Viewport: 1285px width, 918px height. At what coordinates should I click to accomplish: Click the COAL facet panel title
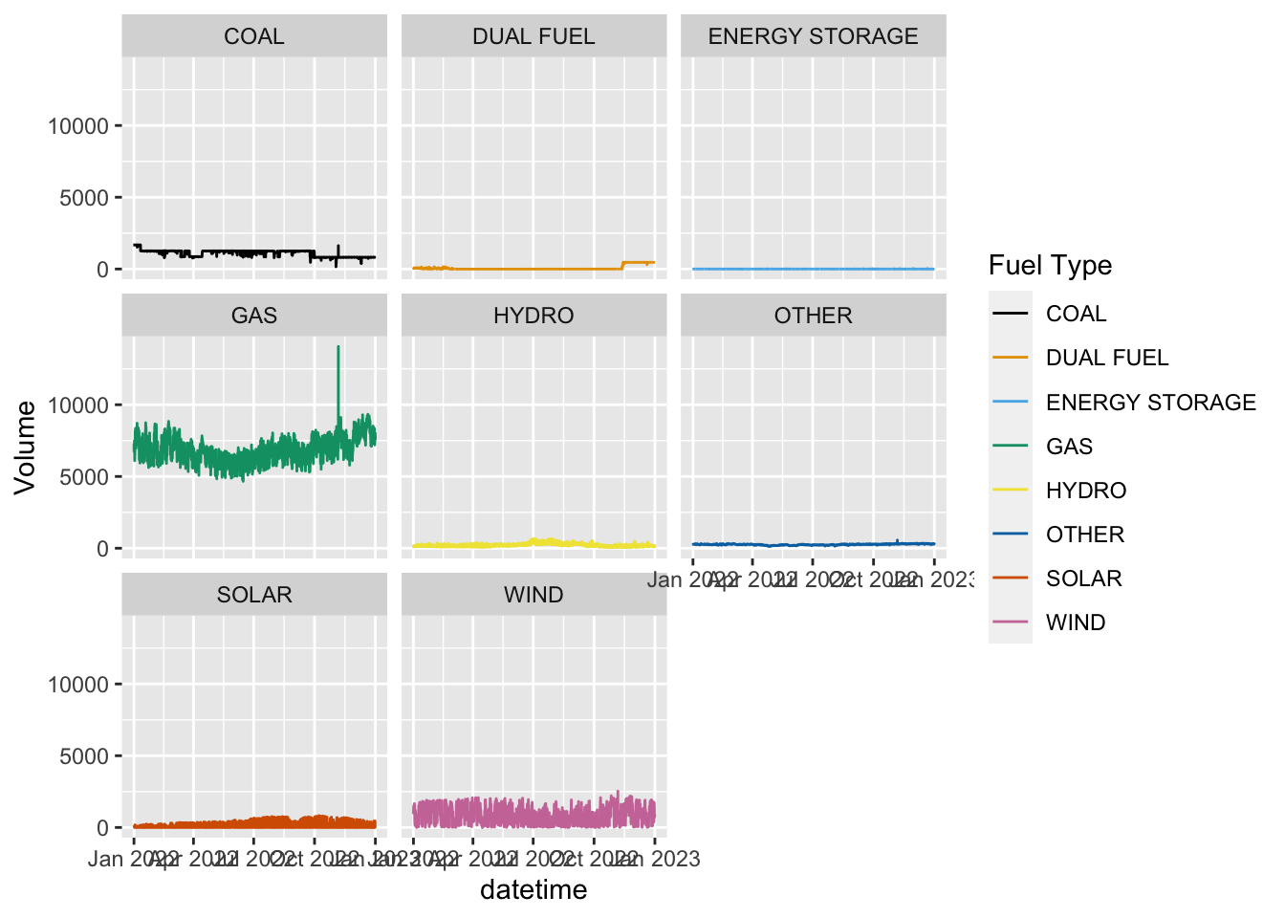pyautogui.click(x=253, y=36)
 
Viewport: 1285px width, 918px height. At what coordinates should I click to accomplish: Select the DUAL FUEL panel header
pyautogui.click(x=534, y=36)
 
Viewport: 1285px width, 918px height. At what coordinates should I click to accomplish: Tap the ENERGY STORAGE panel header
pyautogui.click(x=813, y=36)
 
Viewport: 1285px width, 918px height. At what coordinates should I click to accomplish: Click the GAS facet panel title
pyautogui.click(x=253, y=316)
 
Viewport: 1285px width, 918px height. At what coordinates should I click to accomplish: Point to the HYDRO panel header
pyautogui.click(x=534, y=316)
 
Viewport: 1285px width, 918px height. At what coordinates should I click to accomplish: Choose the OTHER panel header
pyautogui.click(x=813, y=316)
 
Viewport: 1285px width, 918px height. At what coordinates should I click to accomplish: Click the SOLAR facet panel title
pyautogui.click(x=253, y=595)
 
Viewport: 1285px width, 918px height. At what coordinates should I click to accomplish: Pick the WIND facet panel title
pyautogui.click(x=534, y=595)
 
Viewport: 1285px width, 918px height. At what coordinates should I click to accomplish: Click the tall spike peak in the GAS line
pyautogui.click(x=338, y=348)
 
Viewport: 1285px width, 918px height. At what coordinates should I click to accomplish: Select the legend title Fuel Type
pyautogui.click(x=1050, y=265)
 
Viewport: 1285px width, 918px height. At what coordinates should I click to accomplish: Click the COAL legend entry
pyautogui.click(x=1076, y=314)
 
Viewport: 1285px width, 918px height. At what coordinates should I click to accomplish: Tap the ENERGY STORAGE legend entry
pyautogui.click(x=1150, y=403)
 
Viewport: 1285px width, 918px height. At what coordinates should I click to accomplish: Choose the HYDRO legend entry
pyautogui.click(x=1086, y=491)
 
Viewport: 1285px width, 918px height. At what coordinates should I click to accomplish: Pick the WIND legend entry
pyautogui.click(x=1076, y=623)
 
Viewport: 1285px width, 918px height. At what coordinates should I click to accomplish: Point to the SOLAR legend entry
pyautogui.click(x=1083, y=579)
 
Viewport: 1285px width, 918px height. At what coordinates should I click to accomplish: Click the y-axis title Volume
pyautogui.click(x=25, y=448)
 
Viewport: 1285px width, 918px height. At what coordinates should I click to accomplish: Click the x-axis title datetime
pyautogui.click(x=534, y=890)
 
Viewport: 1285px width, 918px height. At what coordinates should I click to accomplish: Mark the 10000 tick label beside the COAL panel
pyautogui.click(x=78, y=126)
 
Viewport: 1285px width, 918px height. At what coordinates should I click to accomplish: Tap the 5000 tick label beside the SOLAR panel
pyautogui.click(x=84, y=756)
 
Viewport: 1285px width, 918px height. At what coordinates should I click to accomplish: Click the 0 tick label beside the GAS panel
pyautogui.click(x=102, y=549)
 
